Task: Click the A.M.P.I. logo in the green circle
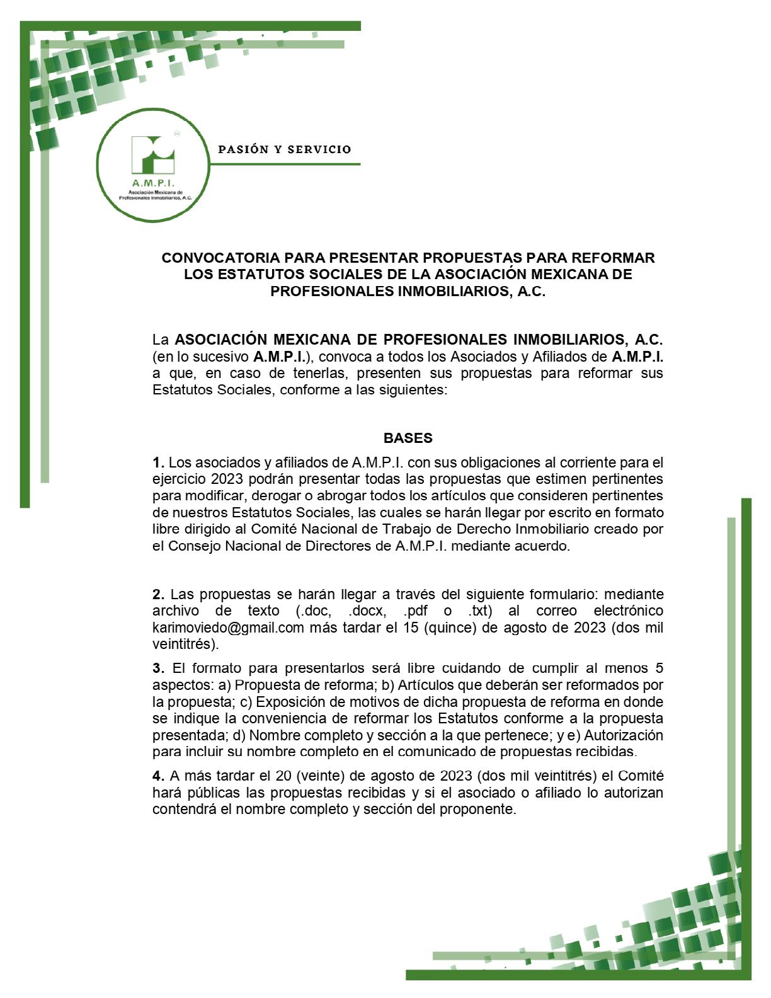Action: (153, 166)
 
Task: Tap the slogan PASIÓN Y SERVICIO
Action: (284, 150)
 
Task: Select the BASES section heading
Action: (408, 438)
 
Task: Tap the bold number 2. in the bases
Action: (159, 594)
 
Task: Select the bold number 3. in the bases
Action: (159, 668)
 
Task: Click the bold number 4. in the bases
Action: (159, 776)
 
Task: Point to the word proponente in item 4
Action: (481, 809)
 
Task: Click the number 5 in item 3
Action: (659, 668)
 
